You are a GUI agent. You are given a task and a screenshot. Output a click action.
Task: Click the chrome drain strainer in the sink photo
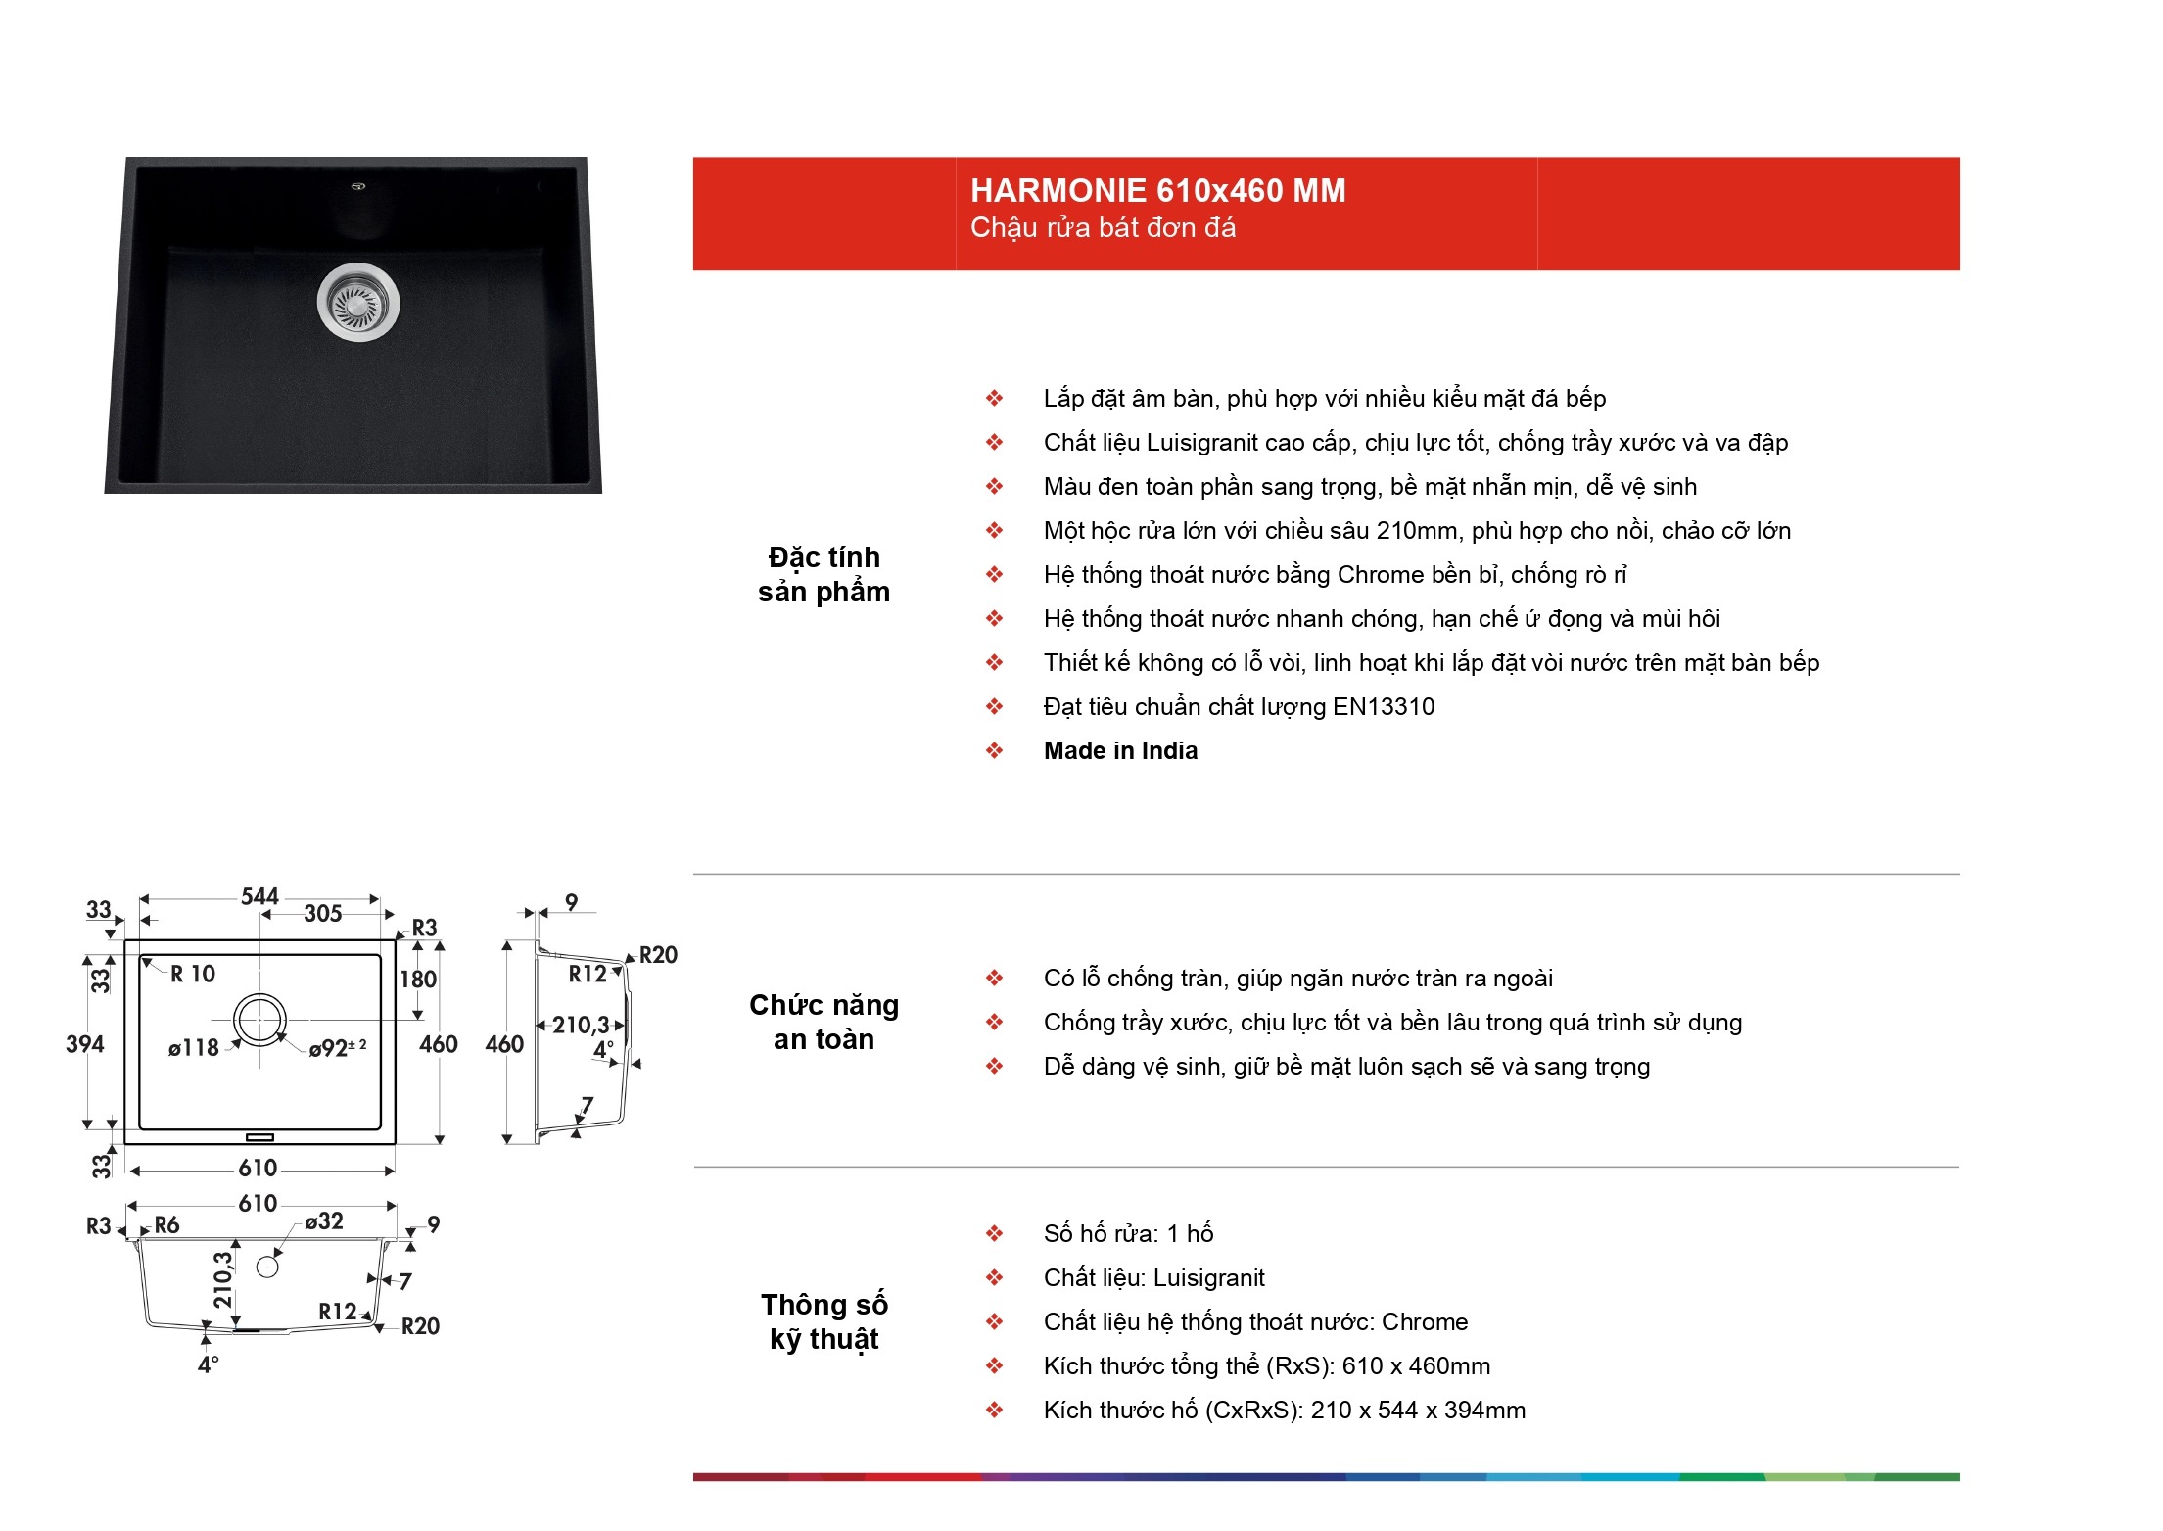[x=358, y=301]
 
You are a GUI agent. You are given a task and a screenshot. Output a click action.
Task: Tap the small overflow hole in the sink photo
[x=358, y=184]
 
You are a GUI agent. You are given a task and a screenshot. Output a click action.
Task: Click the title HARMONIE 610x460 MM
[x=1157, y=190]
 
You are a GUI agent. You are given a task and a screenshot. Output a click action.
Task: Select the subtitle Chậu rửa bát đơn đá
[x=1103, y=228]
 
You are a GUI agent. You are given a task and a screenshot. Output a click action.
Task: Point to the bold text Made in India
[x=1120, y=750]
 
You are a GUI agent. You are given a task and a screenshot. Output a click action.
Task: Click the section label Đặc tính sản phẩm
[x=823, y=574]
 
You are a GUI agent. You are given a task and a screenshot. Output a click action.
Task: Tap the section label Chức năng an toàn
[x=823, y=1022]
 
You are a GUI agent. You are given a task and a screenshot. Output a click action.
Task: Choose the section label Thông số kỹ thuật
[x=823, y=1322]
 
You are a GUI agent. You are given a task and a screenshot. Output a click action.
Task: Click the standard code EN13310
[x=1384, y=706]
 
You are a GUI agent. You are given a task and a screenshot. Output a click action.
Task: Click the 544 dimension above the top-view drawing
[x=259, y=896]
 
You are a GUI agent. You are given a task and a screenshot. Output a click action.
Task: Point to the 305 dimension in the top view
[x=322, y=914]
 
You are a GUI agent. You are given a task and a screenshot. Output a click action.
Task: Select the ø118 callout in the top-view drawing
[x=193, y=1048]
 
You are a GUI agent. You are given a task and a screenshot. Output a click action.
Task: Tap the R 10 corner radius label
[x=193, y=974]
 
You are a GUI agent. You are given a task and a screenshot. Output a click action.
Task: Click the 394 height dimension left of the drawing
[x=84, y=1044]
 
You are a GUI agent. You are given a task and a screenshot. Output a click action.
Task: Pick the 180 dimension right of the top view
[x=418, y=980]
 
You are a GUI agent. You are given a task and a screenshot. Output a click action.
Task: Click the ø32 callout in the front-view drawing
[x=324, y=1221]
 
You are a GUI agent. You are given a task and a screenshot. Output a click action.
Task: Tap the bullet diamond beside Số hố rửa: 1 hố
[x=994, y=1233]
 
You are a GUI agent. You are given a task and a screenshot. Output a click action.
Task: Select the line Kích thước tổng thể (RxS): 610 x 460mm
[x=1267, y=1365]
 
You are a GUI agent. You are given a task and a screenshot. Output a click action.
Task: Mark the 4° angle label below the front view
[x=208, y=1364]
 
